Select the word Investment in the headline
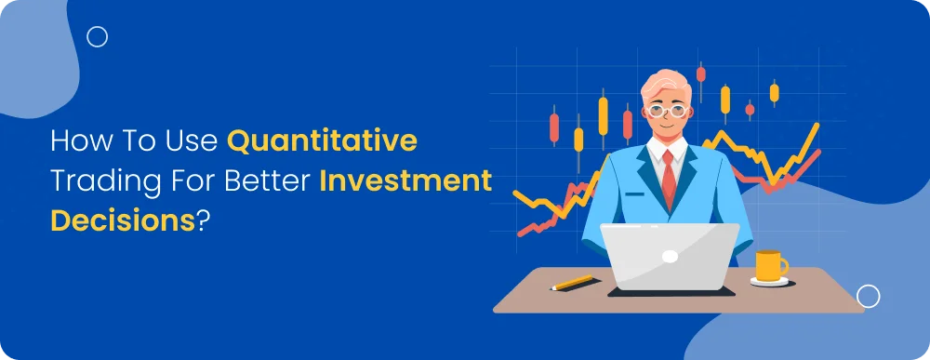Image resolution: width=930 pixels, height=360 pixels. [x=405, y=182]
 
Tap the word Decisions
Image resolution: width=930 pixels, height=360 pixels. [x=122, y=221]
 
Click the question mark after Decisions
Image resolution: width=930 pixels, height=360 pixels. [x=203, y=221]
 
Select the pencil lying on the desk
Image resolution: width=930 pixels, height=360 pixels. [x=573, y=282]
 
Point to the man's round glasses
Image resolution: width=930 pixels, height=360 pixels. [x=667, y=110]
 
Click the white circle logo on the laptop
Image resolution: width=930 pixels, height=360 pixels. [x=670, y=255]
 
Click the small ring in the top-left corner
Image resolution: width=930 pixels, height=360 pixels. [x=97, y=37]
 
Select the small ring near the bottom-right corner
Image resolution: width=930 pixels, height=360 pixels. [x=868, y=297]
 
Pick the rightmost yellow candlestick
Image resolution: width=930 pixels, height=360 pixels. [x=774, y=92]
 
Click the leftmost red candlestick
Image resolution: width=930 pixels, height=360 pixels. [x=555, y=126]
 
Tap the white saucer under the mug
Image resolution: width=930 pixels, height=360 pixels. [x=770, y=282]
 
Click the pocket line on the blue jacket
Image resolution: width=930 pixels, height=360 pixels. [x=635, y=194]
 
